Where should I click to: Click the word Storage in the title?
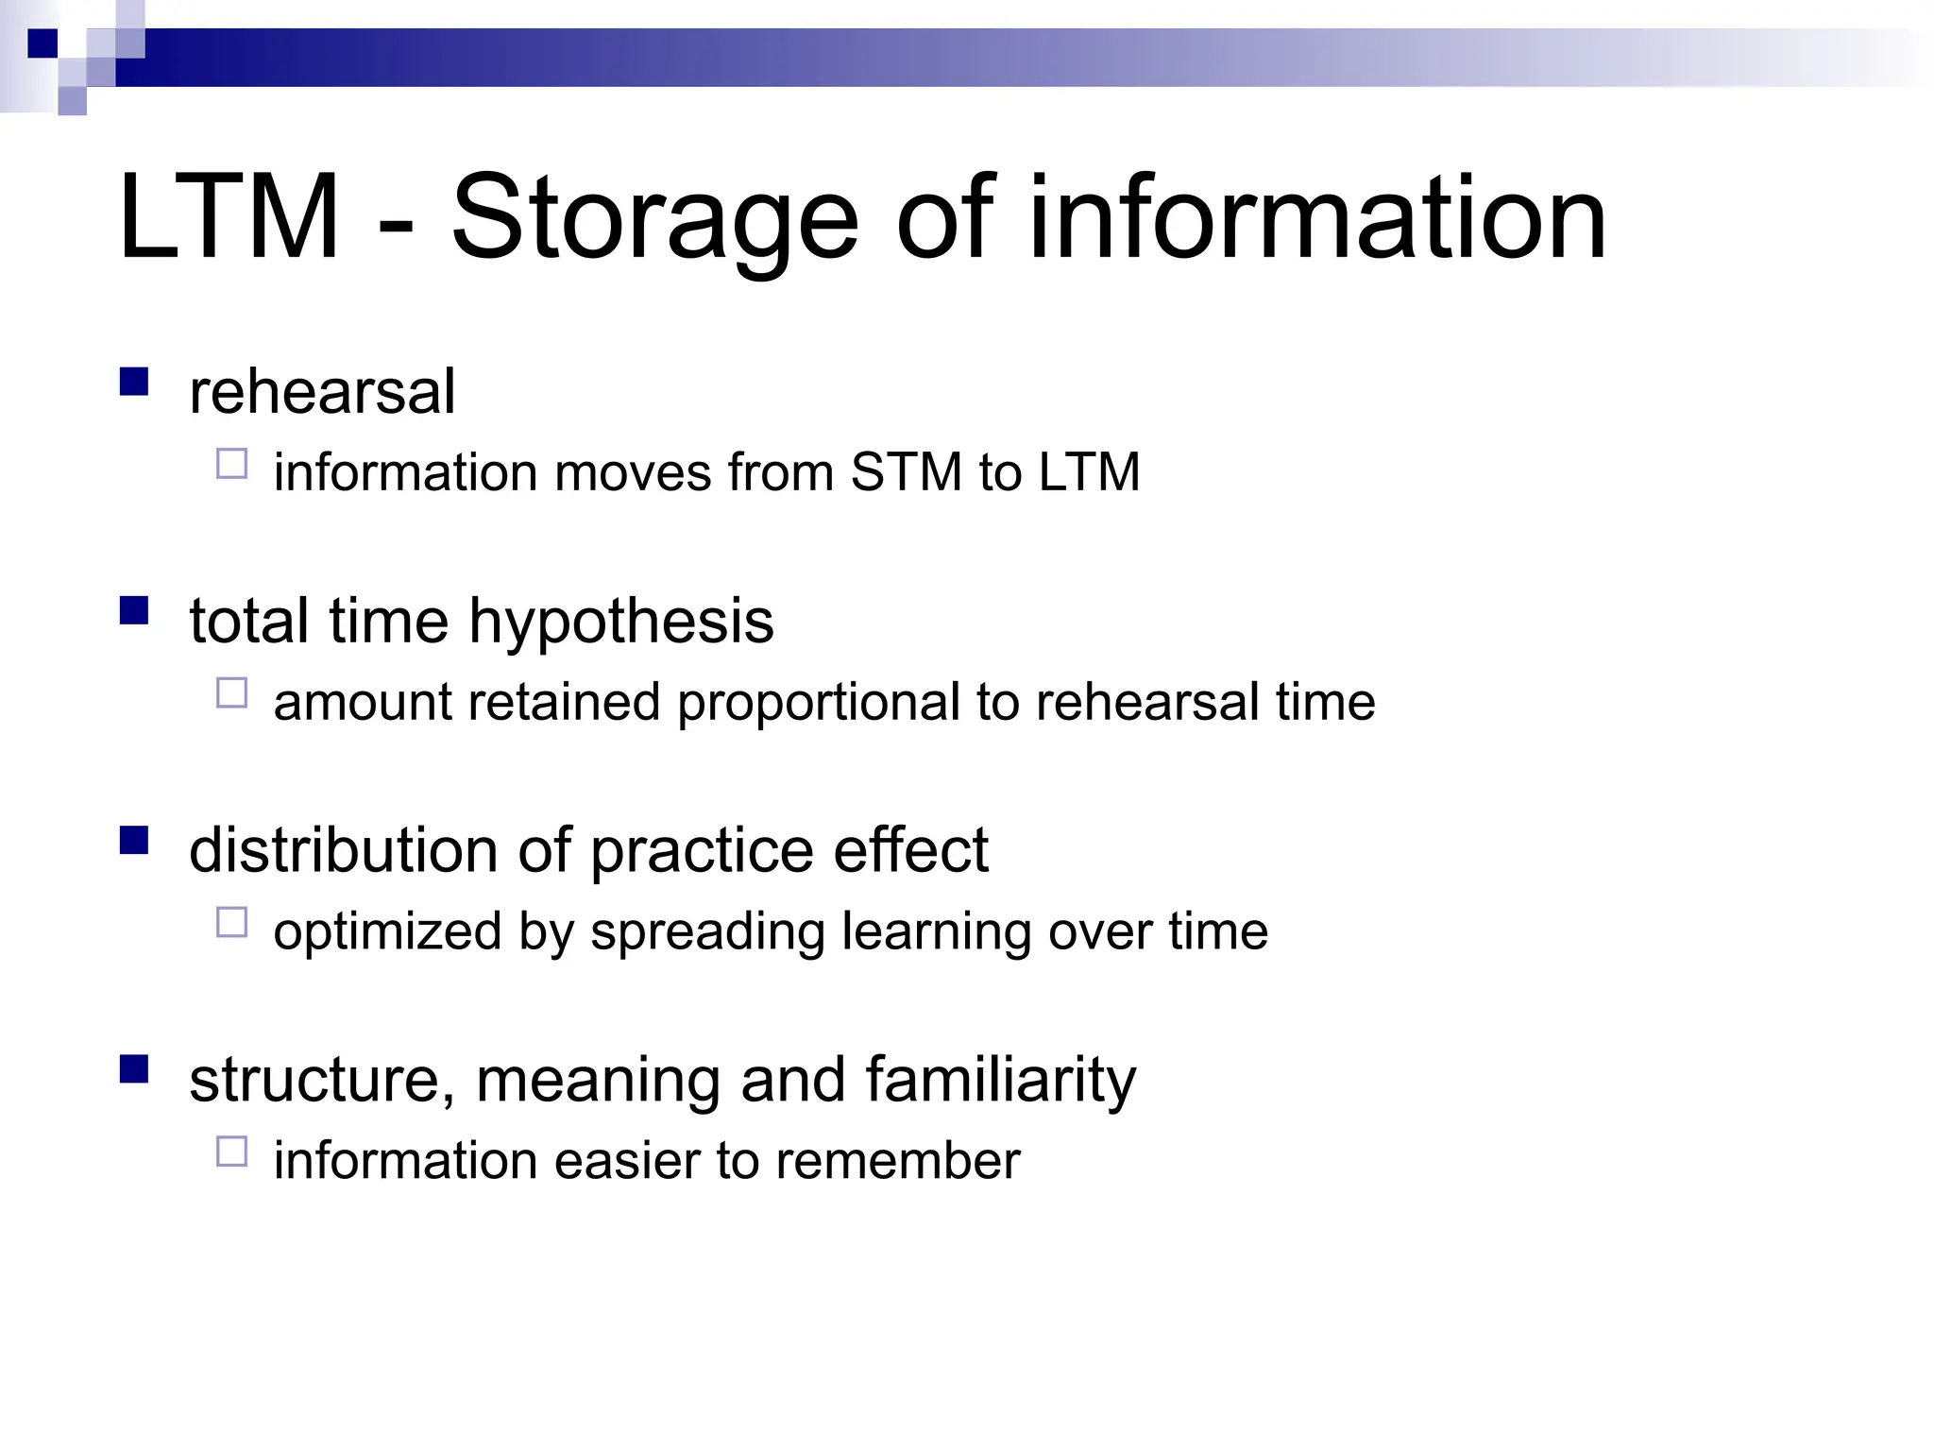tap(654, 219)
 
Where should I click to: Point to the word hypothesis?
tap(621, 622)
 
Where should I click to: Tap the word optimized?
tap(387, 931)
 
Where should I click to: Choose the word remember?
tap(897, 1160)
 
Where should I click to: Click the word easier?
tap(626, 1160)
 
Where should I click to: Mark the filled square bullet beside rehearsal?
tap(135, 382)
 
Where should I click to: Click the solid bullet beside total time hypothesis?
tap(135, 611)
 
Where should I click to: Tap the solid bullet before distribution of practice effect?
tap(135, 840)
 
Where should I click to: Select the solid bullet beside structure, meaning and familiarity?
tap(135, 1069)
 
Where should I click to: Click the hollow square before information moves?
tap(231, 464)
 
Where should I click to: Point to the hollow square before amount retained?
tap(231, 693)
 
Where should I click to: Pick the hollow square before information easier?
tap(231, 1152)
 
